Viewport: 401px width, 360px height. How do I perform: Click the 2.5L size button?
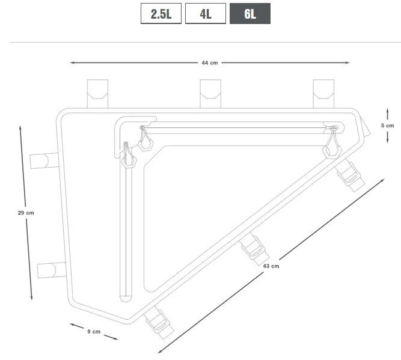(161, 14)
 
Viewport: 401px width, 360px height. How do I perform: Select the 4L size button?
(206, 14)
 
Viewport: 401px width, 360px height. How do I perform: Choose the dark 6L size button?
(250, 14)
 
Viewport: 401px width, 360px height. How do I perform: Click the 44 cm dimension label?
(210, 63)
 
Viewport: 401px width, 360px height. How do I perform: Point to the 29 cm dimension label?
(26, 213)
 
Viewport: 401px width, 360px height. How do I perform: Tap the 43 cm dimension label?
(271, 266)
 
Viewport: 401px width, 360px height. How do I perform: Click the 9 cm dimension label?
(94, 331)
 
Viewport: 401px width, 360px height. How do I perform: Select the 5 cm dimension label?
(387, 126)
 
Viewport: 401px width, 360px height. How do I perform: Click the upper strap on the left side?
(44, 161)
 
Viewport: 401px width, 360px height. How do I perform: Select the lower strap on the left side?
(51, 270)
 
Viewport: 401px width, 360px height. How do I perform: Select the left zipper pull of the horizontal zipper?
(144, 139)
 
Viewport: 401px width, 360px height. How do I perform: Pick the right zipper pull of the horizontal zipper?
(332, 142)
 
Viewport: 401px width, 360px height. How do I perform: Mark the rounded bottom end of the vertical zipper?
(126, 296)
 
